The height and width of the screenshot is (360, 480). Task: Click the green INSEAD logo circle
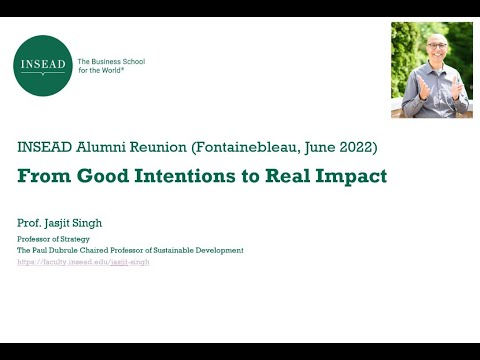[44, 66]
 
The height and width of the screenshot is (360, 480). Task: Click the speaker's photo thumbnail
[431, 70]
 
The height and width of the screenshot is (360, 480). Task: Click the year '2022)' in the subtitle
[357, 147]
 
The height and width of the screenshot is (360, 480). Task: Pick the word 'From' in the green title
[40, 177]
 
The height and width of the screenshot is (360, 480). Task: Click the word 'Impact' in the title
[350, 177]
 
